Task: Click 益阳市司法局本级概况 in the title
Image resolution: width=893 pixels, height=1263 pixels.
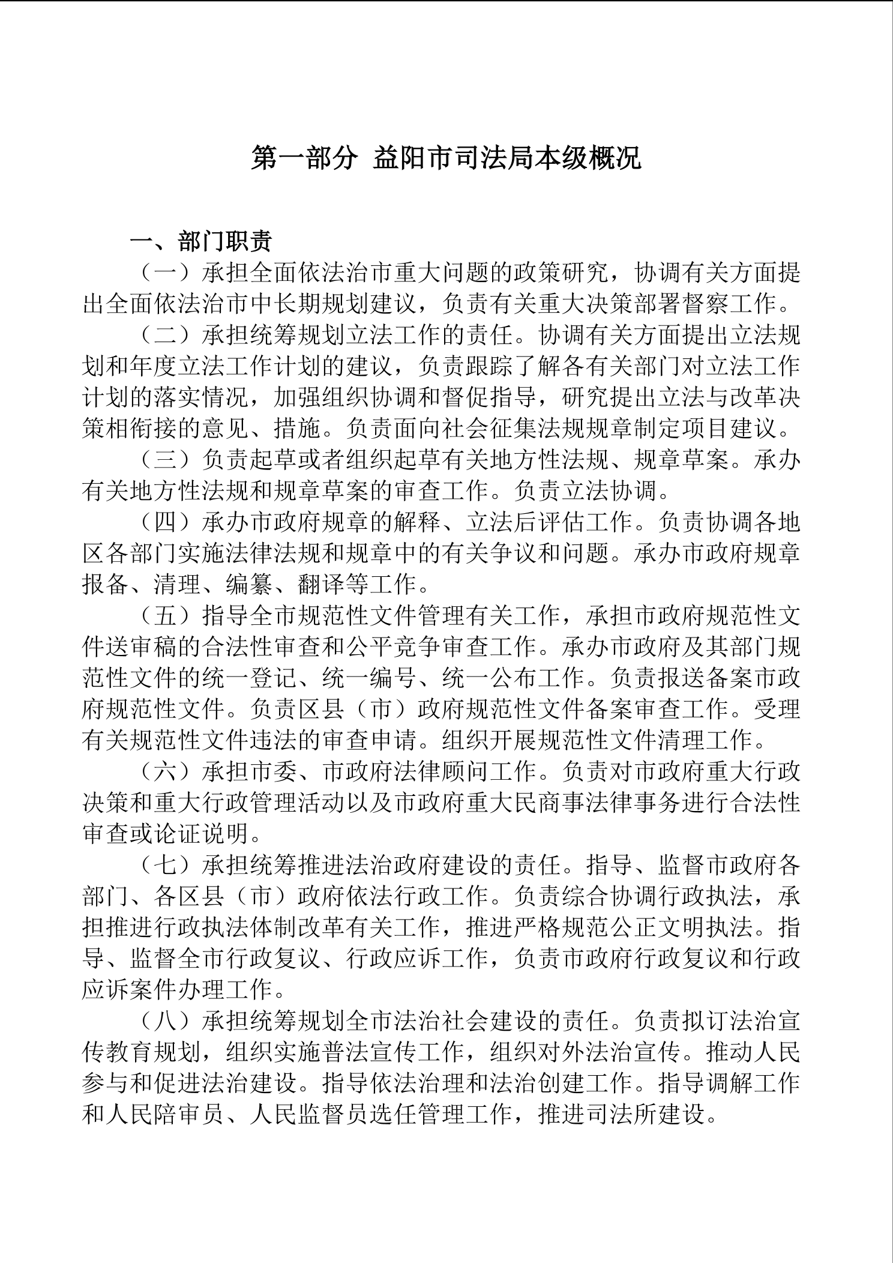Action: (507, 158)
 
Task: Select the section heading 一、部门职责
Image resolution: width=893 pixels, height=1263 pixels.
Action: (201, 241)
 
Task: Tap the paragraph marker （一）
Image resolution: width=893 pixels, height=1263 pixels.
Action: (165, 273)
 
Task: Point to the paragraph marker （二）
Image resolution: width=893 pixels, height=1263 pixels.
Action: (165, 335)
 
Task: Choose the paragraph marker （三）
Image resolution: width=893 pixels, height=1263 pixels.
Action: (165, 460)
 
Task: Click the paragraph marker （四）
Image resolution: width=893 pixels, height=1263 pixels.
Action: (165, 522)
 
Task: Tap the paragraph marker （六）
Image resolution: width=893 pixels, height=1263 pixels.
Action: (165, 771)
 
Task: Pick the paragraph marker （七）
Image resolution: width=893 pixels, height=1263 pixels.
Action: (165, 865)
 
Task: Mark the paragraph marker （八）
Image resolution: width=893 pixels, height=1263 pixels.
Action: (165, 1021)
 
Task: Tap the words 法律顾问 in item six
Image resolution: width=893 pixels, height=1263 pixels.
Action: (442, 771)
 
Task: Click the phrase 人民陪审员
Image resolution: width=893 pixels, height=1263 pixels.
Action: (166, 1115)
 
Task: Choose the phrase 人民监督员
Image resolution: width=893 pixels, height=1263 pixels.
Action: (310, 1115)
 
